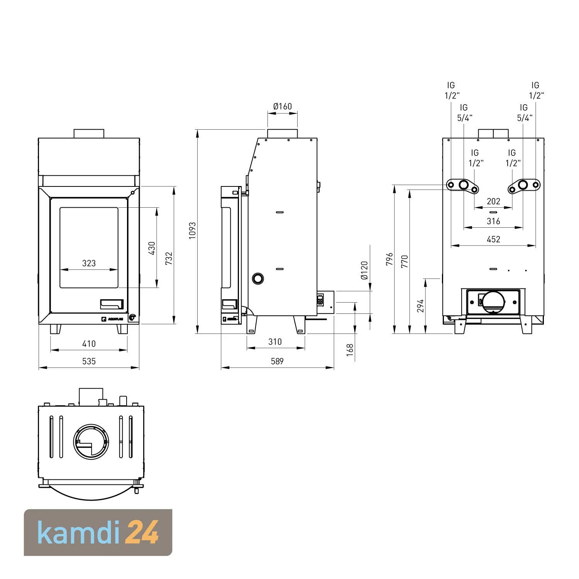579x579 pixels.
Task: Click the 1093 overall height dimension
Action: click(192, 230)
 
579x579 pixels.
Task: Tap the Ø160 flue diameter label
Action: click(283, 106)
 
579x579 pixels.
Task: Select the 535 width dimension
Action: click(89, 361)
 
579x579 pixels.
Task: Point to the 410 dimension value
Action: click(89, 344)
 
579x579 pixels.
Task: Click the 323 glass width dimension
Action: click(89, 263)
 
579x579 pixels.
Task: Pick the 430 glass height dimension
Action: click(152, 248)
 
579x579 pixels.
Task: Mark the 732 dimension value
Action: click(169, 258)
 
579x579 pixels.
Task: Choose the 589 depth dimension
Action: click(277, 361)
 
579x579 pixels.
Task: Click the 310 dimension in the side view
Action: click(275, 342)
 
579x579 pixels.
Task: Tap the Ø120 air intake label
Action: click(364, 270)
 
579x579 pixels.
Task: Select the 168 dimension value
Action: click(350, 350)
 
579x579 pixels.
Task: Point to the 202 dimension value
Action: click(493, 201)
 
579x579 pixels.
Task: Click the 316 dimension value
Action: click(493, 221)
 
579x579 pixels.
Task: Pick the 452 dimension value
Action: click(493, 239)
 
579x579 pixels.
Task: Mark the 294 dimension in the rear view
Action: click(421, 306)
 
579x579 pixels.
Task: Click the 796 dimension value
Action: click(389, 259)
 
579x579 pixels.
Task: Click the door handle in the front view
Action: click(112, 305)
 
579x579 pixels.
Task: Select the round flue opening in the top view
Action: click(91, 441)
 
